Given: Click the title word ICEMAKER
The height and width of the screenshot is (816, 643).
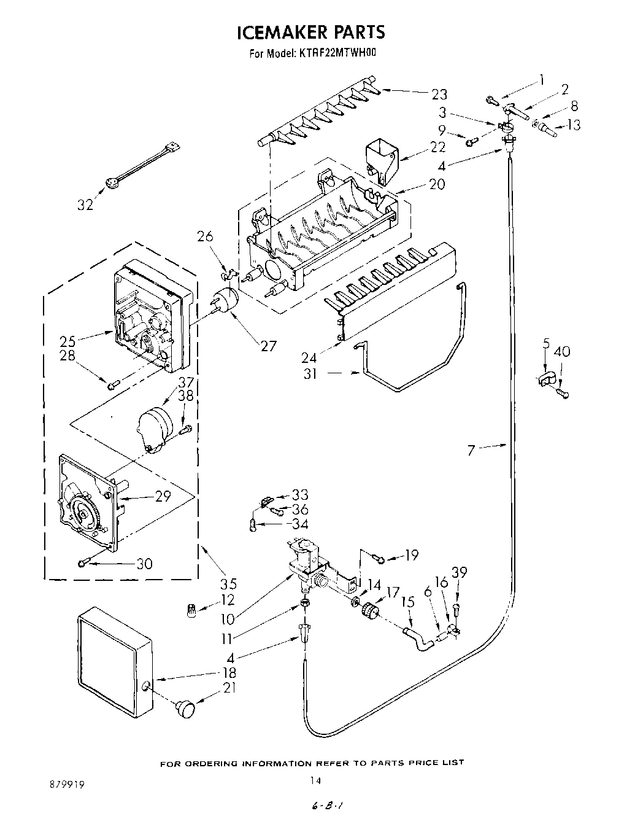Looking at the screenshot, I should point(278,32).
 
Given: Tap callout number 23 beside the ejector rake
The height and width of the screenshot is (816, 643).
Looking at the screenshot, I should point(439,94).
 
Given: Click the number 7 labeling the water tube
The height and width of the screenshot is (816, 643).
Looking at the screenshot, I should point(471,451).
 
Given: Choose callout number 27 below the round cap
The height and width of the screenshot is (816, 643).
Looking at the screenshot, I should point(268,346).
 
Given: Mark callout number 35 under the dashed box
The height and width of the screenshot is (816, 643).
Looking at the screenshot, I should point(228,583).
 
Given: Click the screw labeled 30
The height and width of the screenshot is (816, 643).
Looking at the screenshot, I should point(85,561).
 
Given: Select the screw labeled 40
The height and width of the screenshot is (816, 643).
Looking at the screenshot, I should point(562,392).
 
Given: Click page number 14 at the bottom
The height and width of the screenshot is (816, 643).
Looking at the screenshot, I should point(315,780).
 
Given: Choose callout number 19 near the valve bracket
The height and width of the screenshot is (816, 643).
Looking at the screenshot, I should point(411,556).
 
